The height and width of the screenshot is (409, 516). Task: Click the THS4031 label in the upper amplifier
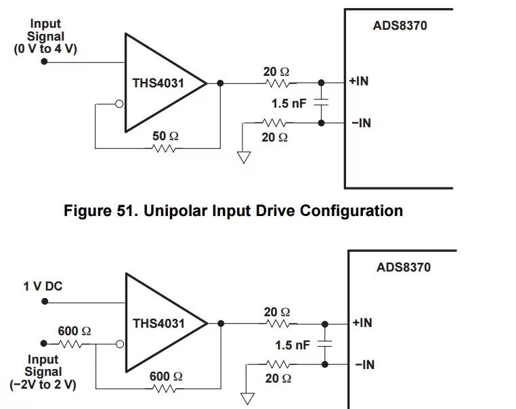pos(158,83)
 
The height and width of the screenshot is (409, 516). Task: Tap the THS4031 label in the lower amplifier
pos(158,323)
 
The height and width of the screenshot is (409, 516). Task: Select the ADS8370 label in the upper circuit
pos(400,26)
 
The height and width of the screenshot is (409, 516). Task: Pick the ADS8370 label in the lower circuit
pos(404,267)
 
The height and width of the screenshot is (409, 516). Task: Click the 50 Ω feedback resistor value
pos(165,136)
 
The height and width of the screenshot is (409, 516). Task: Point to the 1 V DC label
pos(43,286)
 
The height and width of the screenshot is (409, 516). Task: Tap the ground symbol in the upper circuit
pos(244,157)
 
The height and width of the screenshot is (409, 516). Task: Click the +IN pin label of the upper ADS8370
pos(359,81)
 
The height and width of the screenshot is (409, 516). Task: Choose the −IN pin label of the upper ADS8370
pos(361,123)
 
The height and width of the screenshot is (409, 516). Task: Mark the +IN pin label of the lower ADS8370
pos(362,322)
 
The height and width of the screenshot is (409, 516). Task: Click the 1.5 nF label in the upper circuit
pos(289,104)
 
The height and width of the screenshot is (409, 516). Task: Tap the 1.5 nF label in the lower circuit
pos(293,345)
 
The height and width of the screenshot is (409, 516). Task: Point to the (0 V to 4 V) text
pos(45,49)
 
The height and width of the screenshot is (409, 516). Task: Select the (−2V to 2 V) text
pos(43,384)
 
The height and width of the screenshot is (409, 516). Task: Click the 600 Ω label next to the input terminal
pos(74,331)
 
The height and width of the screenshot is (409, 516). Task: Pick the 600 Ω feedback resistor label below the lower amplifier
pos(166,376)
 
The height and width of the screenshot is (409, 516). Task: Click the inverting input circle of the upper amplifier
pos(120,104)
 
